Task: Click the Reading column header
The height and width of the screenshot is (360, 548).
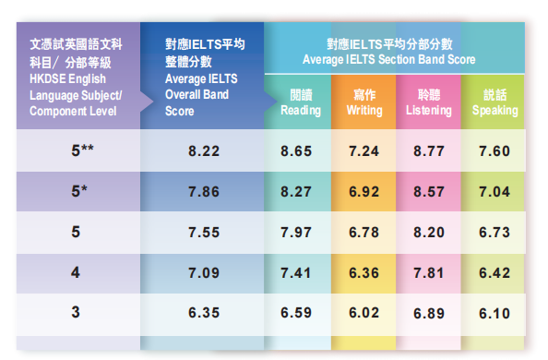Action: pos(301,103)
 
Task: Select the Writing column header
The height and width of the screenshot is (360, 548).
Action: pos(364,103)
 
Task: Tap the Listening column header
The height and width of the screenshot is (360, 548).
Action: pos(429,103)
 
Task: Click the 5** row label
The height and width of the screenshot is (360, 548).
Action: pos(83,150)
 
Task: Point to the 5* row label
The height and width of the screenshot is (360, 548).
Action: pos(79,192)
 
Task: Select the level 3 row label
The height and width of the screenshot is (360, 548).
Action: pos(76,313)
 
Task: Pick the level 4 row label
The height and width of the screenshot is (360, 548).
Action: pos(76,272)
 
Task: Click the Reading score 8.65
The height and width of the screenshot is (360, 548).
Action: pos(300,150)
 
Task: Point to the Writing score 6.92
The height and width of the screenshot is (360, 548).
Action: pos(364,192)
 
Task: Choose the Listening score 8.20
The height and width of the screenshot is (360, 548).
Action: pos(429,232)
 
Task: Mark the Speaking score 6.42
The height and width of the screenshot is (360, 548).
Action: pos(494,272)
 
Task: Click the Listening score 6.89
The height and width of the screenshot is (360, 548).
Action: pos(429,313)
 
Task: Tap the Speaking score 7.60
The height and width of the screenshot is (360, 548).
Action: pos(494,150)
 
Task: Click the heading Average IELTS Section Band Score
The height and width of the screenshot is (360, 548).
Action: pos(389,59)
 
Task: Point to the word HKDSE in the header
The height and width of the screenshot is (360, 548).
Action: pos(47,78)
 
